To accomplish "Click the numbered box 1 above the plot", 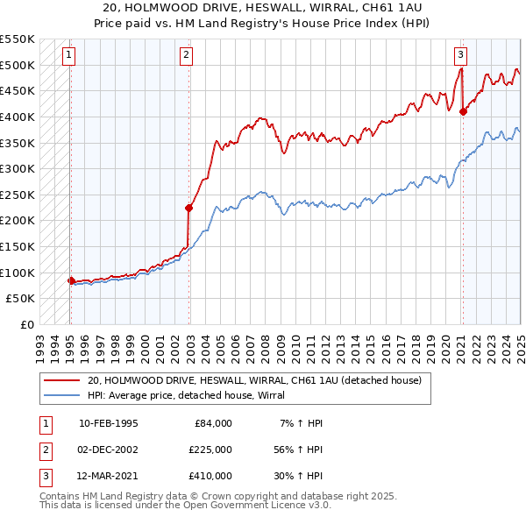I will click(68, 54).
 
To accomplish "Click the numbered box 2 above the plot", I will click(187, 54).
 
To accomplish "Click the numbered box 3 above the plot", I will click(460, 54).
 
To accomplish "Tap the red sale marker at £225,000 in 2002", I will click(188, 208).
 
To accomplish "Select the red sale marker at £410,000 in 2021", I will click(463, 111).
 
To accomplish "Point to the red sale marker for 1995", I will click(71, 280).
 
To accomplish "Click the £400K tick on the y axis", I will click(18, 117).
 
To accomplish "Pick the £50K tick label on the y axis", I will click(20, 299).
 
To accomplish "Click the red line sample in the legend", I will click(63, 380).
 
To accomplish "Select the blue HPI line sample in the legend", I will click(63, 395).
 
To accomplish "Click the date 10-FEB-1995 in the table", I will click(108, 423).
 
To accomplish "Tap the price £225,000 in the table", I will click(210, 450).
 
